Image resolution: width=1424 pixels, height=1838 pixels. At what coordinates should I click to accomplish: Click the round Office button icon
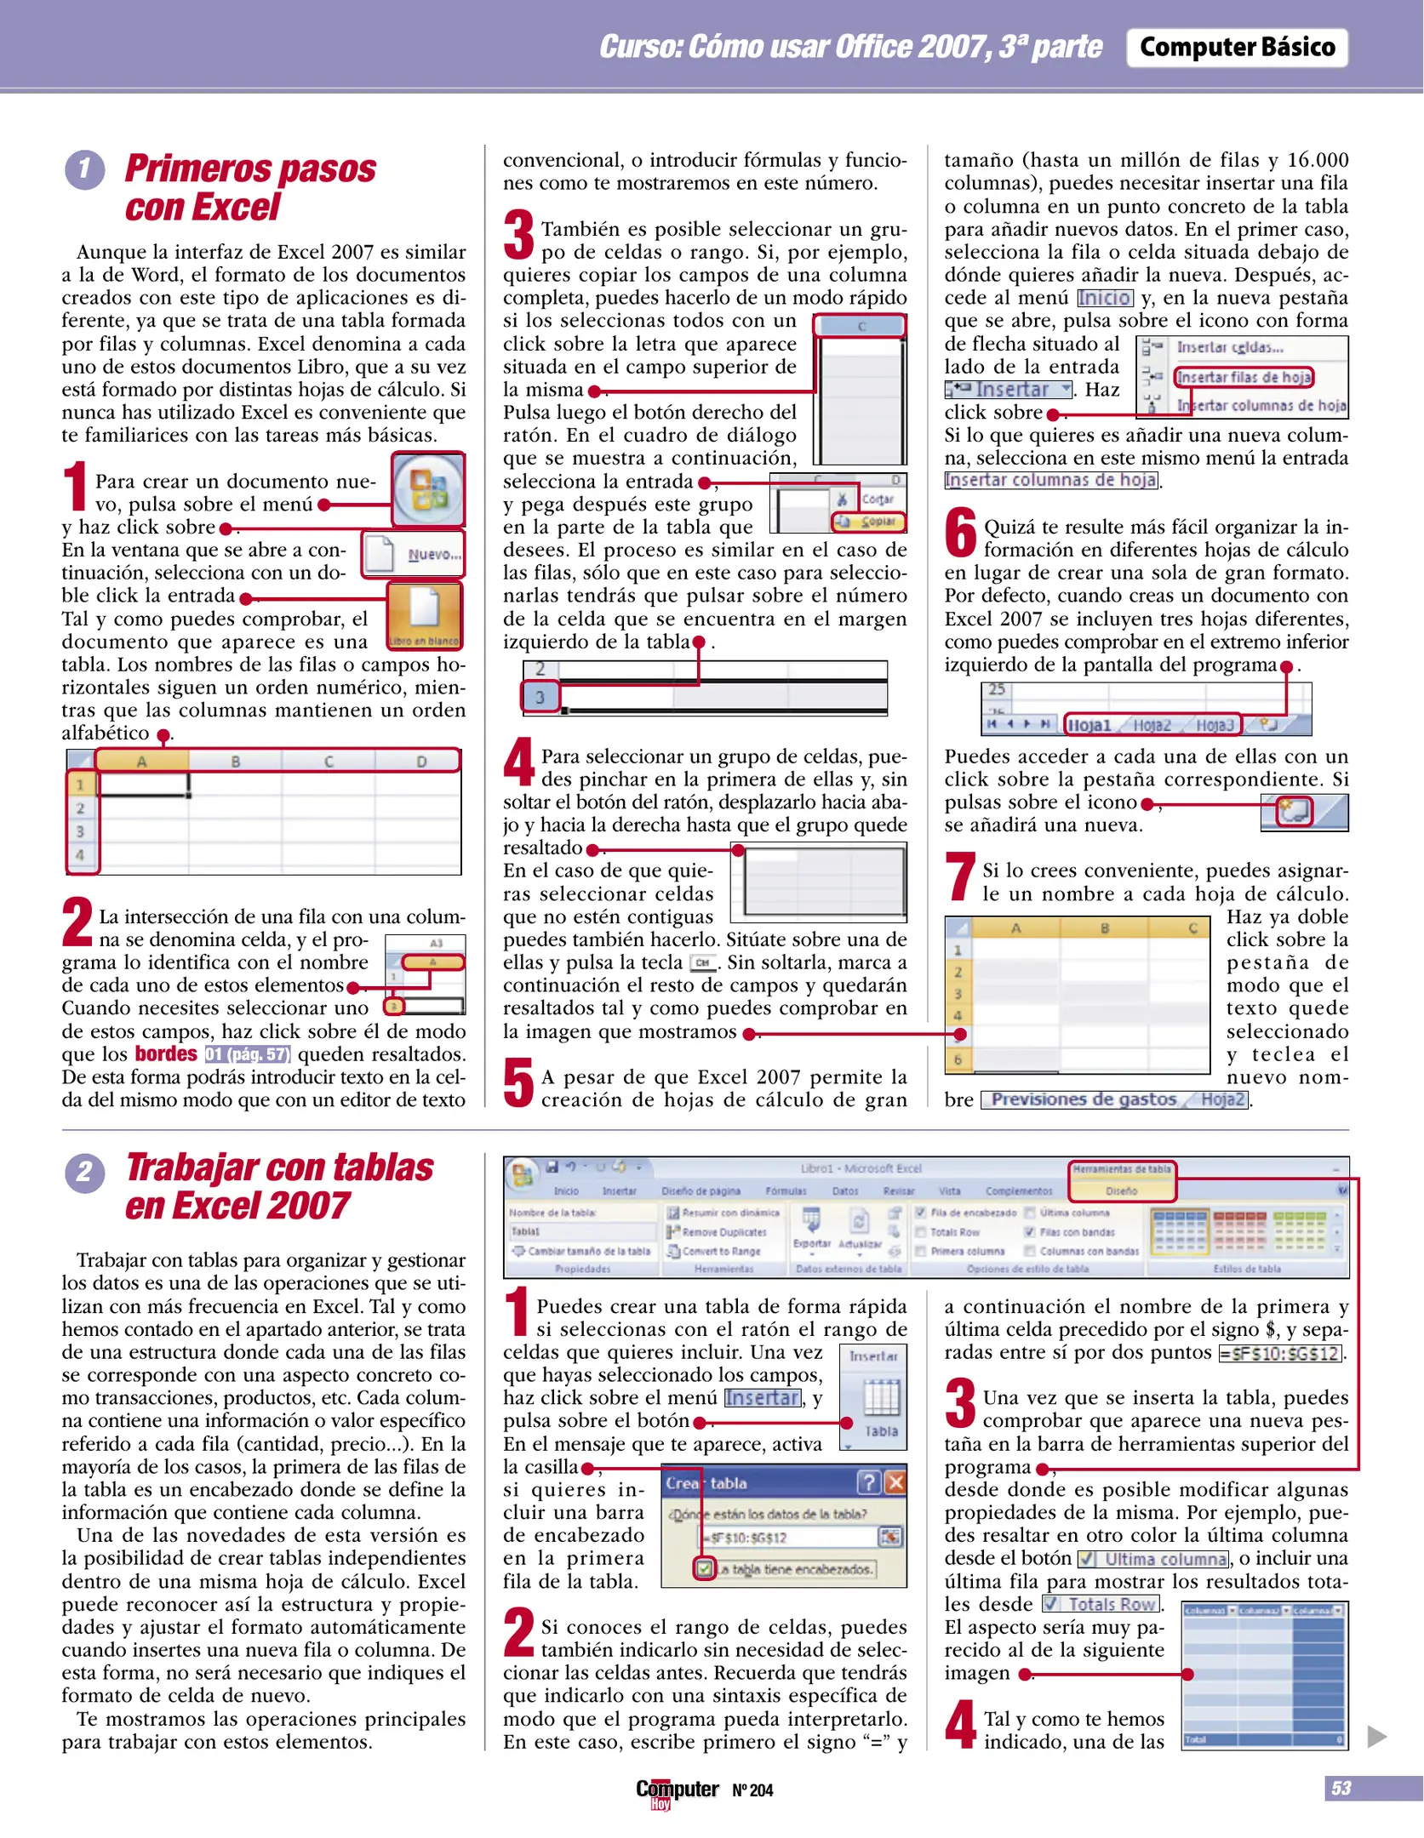(428, 489)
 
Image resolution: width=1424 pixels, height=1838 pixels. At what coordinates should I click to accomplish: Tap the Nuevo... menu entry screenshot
(415, 554)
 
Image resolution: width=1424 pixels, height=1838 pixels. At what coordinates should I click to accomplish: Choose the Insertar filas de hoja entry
(1244, 377)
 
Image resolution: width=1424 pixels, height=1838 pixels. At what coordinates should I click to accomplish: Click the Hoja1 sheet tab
(1090, 725)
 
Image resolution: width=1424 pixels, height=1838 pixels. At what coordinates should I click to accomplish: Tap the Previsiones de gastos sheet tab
(1084, 1099)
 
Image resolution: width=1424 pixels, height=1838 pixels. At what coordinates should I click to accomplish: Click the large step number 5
(518, 1083)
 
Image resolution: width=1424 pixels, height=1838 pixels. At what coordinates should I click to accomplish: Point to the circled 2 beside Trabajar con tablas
(84, 1173)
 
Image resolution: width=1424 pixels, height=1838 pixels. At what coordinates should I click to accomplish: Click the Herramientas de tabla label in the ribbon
(1122, 1169)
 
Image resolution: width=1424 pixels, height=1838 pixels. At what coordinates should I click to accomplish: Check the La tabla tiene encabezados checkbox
(704, 1568)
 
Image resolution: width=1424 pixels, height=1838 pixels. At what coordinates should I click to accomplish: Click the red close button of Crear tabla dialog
(895, 1483)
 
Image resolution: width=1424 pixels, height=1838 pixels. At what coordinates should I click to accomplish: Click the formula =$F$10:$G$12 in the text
(1280, 1353)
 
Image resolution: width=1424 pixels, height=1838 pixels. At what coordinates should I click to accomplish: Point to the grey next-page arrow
(1376, 1737)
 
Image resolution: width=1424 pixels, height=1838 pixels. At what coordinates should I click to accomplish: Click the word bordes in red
(166, 1054)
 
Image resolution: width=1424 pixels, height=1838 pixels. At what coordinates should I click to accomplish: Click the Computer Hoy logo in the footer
(677, 1791)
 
